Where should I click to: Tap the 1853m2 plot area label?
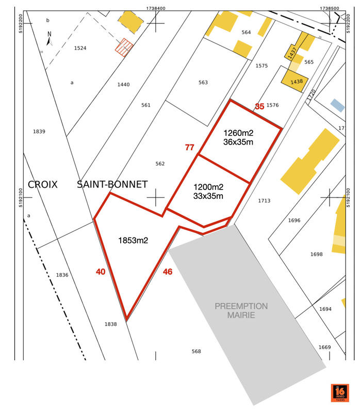click(x=133, y=241)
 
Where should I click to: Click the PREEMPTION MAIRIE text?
click(x=241, y=310)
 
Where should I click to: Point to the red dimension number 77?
click(x=189, y=148)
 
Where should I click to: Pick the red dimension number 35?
click(x=259, y=106)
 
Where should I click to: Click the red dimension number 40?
click(x=101, y=272)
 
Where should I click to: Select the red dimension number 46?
click(x=168, y=272)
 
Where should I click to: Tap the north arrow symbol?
click(x=50, y=38)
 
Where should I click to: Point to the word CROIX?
click(x=43, y=184)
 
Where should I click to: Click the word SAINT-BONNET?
click(x=112, y=184)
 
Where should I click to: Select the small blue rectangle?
click(x=337, y=105)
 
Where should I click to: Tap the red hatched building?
click(x=124, y=47)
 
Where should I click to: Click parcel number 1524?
click(x=80, y=48)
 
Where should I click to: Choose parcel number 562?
click(x=160, y=164)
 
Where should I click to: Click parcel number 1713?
click(x=265, y=201)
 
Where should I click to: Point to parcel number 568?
click(x=196, y=352)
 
